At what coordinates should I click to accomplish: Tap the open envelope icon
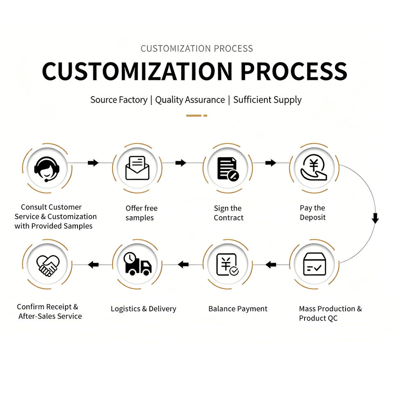pyautogui.click(x=137, y=168)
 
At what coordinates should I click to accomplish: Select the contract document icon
pyautogui.click(x=228, y=169)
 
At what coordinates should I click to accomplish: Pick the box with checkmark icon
pyautogui.click(x=315, y=264)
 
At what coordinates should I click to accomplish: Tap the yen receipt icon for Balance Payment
pyautogui.click(x=227, y=264)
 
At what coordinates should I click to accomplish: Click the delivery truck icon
pyautogui.click(x=137, y=263)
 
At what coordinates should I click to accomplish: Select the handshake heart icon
pyautogui.click(x=48, y=266)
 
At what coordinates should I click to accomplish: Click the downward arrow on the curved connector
pyautogui.click(x=375, y=218)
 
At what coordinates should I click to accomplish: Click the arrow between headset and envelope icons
pyautogui.click(x=93, y=163)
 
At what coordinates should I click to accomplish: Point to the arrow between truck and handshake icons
pyautogui.click(x=93, y=265)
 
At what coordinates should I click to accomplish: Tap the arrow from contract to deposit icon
pyautogui.click(x=270, y=163)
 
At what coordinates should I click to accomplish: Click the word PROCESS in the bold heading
pyautogui.click(x=294, y=71)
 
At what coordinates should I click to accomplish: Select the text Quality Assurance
pyautogui.click(x=190, y=100)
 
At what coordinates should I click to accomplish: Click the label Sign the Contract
pyautogui.click(x=229, y=213)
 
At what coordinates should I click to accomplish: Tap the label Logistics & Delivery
pyautogui.click(x=144, y=309)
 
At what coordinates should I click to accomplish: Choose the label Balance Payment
pyautogui.click(x=238, y=309)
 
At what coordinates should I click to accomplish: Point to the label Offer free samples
pyautogui.click(x=142, y=213)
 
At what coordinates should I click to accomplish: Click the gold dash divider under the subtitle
pyautogui.click(x=197, y=116)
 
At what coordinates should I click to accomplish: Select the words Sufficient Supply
pyautogui.click(x=267, y=100)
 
